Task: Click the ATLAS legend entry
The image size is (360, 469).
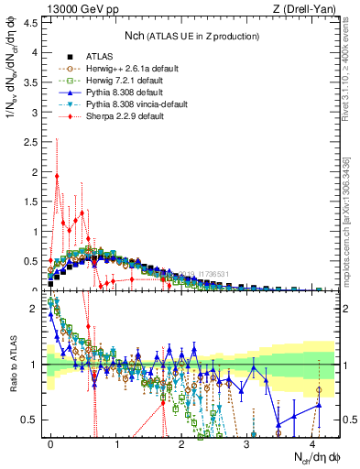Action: pos(83,57)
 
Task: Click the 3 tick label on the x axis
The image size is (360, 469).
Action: pos(247,442)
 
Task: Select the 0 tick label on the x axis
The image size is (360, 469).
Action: pos(51,442)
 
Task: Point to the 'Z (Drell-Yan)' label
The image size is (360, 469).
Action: pos(309,8)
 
